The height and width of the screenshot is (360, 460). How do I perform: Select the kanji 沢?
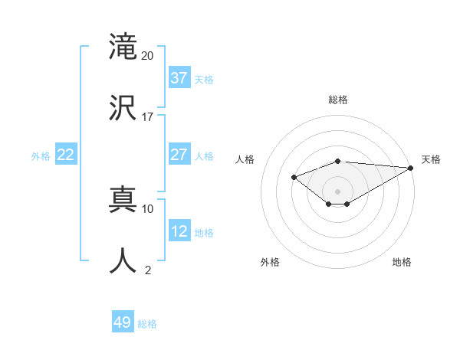(123, 106)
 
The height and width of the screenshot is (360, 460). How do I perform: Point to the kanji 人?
(123, 260)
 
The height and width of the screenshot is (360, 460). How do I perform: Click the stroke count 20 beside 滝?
(147, 55)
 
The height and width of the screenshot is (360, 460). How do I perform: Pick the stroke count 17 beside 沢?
(147, 116)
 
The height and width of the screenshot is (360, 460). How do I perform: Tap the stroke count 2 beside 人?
(147, 270)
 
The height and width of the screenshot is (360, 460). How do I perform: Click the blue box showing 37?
(179, 78)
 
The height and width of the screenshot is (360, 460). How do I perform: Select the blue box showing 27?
(179, 155)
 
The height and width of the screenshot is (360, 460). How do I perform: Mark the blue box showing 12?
(179, 231)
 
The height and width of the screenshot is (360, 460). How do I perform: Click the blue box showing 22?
(65, 155)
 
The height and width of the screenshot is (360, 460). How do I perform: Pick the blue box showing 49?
(123, 322)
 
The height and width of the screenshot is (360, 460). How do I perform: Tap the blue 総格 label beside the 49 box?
(147, 324)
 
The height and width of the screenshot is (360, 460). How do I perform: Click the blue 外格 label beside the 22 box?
(41, 156)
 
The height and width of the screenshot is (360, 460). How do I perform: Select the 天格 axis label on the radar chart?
(431, 159)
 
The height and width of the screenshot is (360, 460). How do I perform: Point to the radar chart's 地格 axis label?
(402, 262)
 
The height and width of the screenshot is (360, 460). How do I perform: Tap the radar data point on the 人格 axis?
(294, 178)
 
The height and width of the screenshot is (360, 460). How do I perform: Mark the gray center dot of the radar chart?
(337, 191)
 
